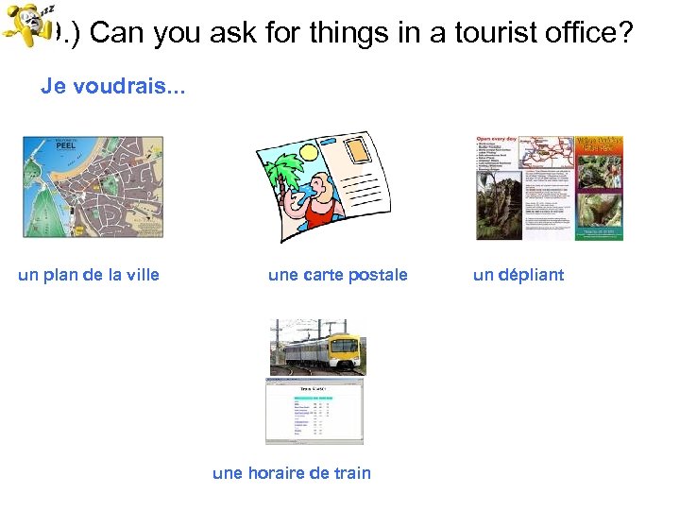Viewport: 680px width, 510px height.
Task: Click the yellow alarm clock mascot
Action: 25,31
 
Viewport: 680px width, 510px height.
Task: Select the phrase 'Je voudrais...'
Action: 113,87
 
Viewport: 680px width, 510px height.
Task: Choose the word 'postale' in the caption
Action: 378,276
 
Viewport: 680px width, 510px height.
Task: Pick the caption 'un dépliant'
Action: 518,276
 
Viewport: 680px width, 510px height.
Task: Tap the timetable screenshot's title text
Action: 313,389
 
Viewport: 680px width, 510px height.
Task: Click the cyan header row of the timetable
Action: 313,398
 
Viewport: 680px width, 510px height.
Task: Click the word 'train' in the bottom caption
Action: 350,473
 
